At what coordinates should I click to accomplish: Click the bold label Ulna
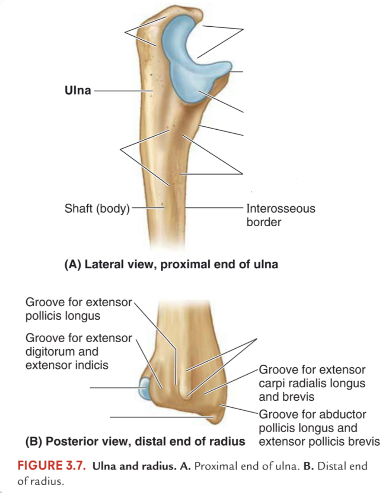78,90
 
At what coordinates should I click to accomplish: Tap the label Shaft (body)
97,209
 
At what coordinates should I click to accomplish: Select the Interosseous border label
281,215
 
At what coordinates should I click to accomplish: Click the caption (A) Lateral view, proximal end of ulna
171,264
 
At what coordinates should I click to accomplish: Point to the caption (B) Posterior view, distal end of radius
135,441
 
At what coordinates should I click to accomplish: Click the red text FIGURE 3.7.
52,466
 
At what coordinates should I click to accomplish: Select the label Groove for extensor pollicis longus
79,309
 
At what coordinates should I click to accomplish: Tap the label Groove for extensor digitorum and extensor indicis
79,352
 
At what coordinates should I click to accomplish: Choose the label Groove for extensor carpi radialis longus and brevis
312,383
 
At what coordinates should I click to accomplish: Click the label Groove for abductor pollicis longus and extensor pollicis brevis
320,428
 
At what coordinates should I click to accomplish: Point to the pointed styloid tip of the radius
217,420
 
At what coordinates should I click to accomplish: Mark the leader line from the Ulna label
123,91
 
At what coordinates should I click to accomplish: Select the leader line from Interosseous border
214,208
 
